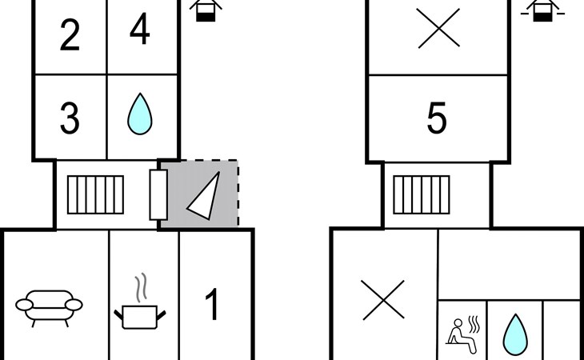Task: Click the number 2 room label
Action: click(70, 36)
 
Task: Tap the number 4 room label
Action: click(139, 31)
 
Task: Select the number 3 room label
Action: click(70, 119)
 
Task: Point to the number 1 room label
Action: click(212, 305)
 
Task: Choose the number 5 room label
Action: click(436, 119)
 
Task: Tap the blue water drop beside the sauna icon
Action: click(514, 333)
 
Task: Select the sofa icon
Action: click(49, 305)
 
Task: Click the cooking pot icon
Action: click(142, 314)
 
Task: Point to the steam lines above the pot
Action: click(142, 286)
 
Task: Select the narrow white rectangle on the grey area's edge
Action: click(158, 194)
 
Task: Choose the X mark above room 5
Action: click(439, 29)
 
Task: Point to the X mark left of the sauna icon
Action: click(382, 300)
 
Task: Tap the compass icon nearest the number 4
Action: click(206, 10)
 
